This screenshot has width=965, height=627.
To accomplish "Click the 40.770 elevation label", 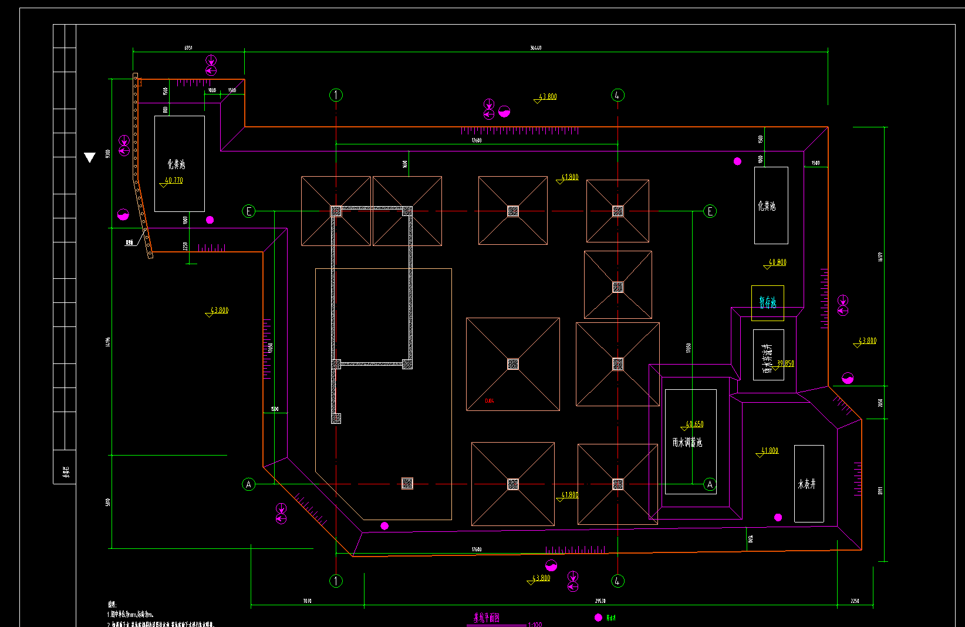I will [174, 181].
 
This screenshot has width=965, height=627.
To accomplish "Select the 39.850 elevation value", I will [785, 363].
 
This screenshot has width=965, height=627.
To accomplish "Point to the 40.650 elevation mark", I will [694, 424].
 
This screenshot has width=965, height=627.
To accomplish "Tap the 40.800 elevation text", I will [777, 262].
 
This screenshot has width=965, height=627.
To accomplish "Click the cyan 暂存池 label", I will [767, 303].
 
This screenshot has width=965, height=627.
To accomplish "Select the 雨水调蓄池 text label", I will [687, 443].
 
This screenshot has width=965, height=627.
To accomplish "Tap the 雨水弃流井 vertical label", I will [766, 358].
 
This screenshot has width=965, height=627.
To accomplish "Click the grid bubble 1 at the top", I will [336, 95].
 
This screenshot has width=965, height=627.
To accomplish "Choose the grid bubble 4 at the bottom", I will [618, 581].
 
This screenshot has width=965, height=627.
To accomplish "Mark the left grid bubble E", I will [249, 211].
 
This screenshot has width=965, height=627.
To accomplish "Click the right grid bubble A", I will [710, 484].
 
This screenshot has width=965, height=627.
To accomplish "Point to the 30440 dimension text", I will [535, 48].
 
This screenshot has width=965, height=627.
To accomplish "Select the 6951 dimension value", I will [188, 48].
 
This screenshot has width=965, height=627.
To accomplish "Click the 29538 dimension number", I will [600, 601].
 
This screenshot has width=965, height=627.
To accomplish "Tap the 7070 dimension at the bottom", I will [307, 601].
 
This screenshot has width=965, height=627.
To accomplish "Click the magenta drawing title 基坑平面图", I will [487, 618].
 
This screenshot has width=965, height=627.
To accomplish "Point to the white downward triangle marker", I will [89, 157].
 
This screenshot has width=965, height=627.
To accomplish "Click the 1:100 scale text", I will [535, 625].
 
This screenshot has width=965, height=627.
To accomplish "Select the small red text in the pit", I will [490, 401].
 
